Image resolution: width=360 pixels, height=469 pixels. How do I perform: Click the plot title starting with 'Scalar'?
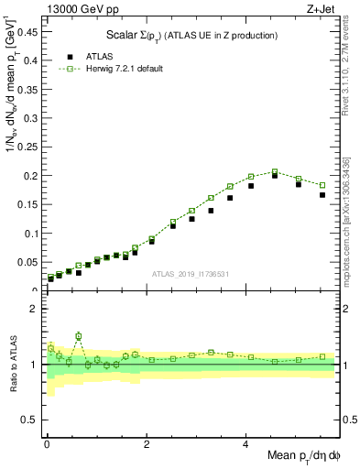point(191,35)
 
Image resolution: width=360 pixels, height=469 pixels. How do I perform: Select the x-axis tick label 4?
point(245,442)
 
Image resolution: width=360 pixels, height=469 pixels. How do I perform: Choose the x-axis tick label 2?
point(146,442)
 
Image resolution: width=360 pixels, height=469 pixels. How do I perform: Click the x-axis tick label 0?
point(46,442)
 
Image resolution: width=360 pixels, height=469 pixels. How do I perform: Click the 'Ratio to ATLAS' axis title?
point(12,364)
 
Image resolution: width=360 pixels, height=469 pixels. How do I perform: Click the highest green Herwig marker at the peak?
point(275,171)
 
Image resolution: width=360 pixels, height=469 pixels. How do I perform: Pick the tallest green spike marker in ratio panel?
point(79,336)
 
